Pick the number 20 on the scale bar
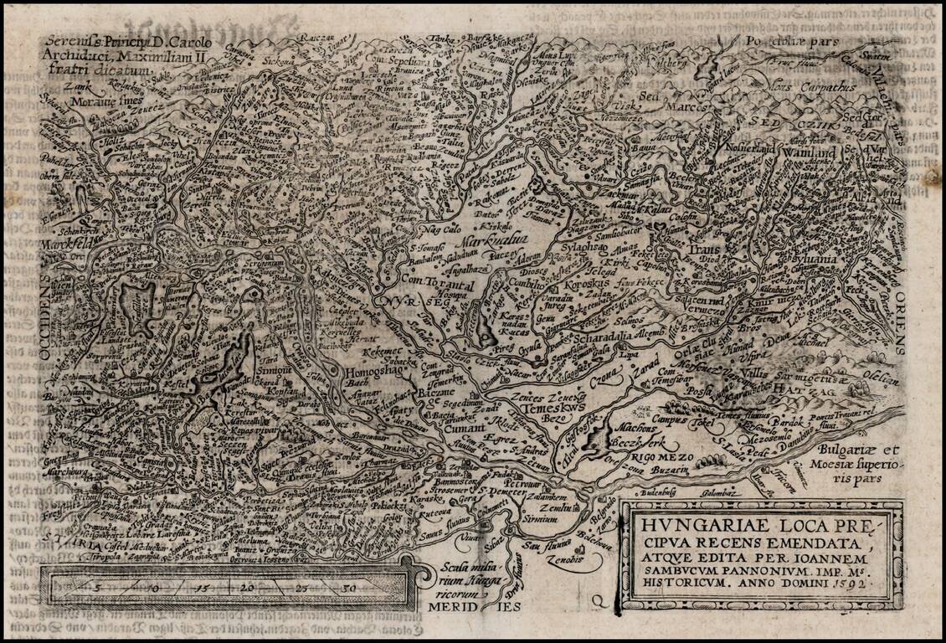point(247,588)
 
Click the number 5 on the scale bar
point(98,588)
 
